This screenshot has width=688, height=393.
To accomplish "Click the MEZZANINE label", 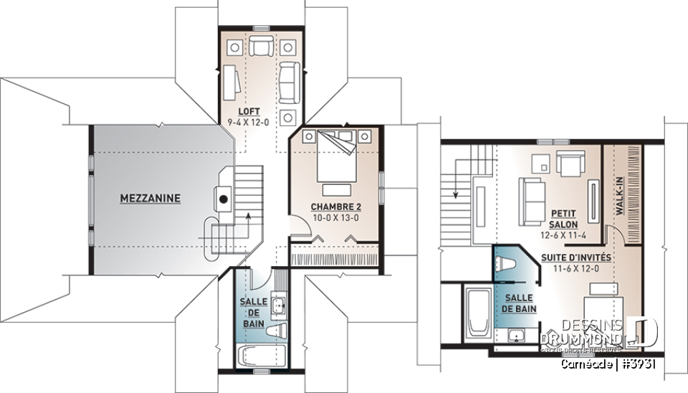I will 150,199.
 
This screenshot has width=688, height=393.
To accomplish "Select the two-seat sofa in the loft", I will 290,81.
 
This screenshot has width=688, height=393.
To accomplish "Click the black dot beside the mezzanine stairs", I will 224,199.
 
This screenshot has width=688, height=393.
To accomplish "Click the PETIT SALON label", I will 564,219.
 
